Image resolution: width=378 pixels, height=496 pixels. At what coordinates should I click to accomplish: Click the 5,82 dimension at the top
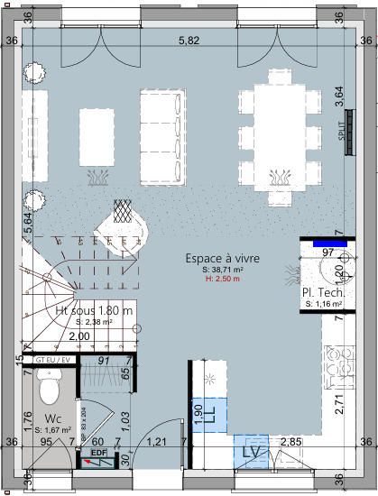[188, 41]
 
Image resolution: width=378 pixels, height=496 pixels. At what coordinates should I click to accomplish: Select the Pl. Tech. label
[322, 293]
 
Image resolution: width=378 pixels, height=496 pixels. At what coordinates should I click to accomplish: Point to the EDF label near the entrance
[98, 454]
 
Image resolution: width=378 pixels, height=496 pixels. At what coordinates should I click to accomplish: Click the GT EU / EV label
[52, 360]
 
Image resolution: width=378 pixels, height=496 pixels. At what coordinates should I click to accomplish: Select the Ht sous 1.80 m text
[94, 310]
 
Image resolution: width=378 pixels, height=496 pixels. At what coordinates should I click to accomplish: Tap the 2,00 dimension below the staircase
[79, 336]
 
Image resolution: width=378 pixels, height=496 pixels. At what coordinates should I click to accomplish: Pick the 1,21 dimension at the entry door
[156, 442]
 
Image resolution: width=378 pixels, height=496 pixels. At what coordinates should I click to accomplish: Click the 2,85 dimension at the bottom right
[290, 442]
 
